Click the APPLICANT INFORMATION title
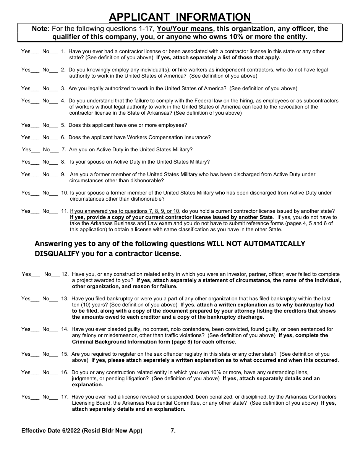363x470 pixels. [180, 17]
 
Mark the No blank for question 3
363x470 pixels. [54, 89]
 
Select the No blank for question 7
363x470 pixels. [55, 150]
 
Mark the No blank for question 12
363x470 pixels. [56, 275]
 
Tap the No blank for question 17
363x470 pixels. [54, 397]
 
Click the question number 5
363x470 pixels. [63, 125]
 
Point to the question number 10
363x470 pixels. [65, 193]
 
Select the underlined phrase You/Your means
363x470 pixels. [186, 29]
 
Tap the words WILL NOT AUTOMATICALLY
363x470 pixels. [256, 244]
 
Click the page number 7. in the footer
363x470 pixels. [173, 431]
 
